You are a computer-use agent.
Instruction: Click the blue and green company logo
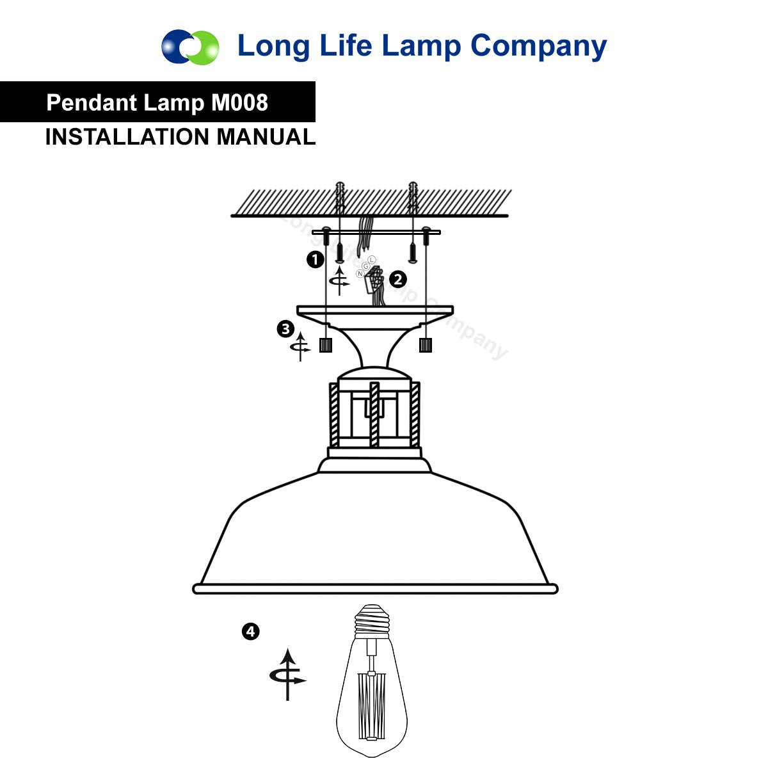190,47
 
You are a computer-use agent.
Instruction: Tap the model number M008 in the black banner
239,102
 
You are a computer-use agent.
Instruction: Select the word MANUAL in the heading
266,137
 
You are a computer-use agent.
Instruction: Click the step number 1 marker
315,260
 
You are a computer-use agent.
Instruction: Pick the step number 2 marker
397,280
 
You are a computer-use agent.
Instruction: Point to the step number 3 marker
285,329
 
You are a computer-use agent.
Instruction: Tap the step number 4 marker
251,632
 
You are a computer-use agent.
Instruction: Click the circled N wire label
360,274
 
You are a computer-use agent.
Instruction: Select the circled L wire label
372,260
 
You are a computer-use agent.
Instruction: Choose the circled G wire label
366,266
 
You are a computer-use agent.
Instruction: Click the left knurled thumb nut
326,345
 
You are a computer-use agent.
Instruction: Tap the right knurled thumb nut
426,345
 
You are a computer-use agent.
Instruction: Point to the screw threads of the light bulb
372,619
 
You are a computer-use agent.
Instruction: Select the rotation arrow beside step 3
301,347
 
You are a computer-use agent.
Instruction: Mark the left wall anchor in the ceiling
340,199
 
